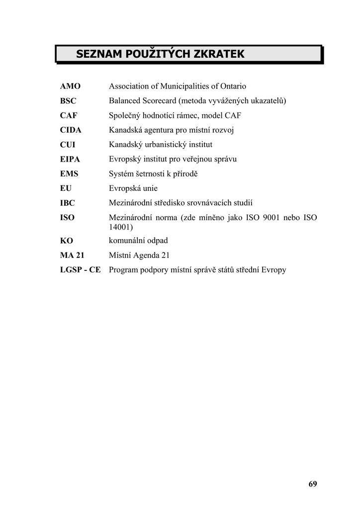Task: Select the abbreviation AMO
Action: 70,86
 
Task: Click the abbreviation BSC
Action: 68,101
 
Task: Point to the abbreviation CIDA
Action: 71,130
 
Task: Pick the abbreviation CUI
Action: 68,145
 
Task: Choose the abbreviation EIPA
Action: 70,160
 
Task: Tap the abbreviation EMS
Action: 69,174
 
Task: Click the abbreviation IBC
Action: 68,203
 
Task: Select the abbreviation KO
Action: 67,241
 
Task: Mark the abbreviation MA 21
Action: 72,255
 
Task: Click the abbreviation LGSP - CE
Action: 81,270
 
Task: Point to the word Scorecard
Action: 158,101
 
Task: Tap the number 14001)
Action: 121,227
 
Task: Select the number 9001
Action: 269,218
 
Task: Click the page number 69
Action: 312,484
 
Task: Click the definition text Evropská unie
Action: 133,188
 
